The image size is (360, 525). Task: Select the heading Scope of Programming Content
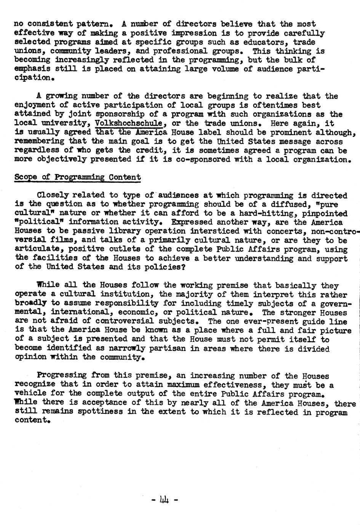[77, 177]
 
